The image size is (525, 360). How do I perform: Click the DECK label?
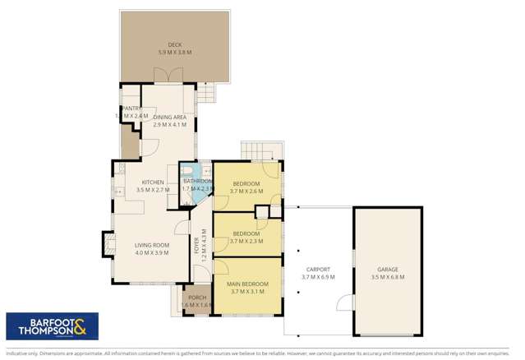(x=174, y=44)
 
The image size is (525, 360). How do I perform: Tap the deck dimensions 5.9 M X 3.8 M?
(x=174, y=53)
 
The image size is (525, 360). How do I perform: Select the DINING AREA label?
(x=169, y=118)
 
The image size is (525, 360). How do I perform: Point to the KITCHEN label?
(x=153, y=182)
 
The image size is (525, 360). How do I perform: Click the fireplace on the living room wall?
(x=107, y=243)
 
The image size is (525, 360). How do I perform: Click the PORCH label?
(x=197, y=298)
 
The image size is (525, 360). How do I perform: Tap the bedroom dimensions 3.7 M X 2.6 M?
(x=246, y=191)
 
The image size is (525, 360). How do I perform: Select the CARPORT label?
(x=318, y=270)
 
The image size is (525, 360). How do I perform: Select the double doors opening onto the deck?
(x=169, y=75)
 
